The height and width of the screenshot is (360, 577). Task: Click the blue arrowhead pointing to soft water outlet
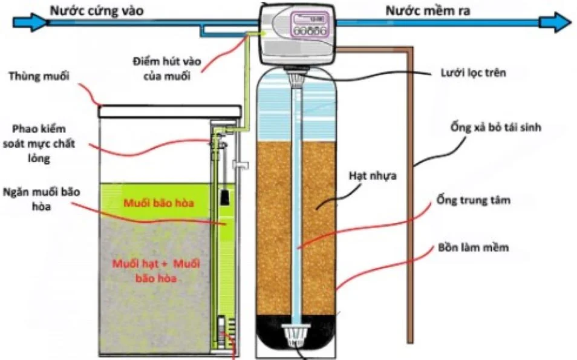(555, 23)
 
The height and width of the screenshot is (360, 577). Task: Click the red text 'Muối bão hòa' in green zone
(159, 202)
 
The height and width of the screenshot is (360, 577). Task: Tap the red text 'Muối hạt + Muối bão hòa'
(156, 272)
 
